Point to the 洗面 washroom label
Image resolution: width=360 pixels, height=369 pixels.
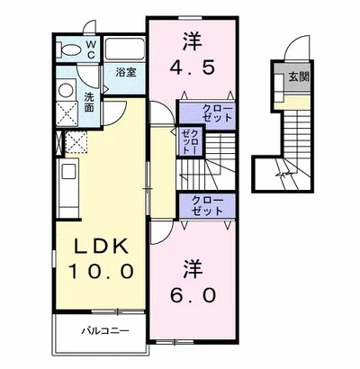(90, 102)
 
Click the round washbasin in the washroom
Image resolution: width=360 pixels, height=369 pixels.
(65, 90)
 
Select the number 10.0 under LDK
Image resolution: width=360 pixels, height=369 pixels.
(98, 269)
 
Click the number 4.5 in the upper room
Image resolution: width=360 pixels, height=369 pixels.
(193, 67)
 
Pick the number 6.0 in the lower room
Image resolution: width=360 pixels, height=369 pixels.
(193, 296)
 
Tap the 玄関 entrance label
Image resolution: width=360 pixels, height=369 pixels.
(298, 78)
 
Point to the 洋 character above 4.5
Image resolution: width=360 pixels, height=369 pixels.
(192, 40)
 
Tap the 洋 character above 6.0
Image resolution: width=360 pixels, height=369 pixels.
(193, 268)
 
